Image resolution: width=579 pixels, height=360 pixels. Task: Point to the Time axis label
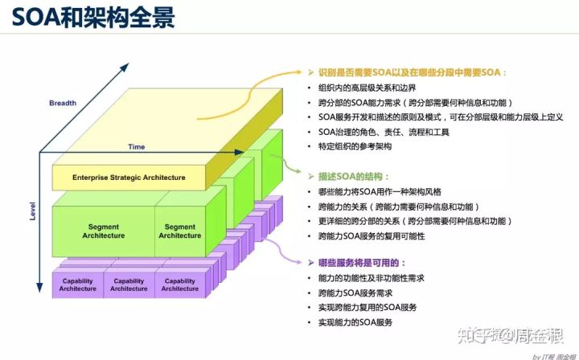137,147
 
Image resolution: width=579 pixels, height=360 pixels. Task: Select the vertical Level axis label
33,211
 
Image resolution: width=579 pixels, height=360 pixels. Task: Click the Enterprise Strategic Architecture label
129,178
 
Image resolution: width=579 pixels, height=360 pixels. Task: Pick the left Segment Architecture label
104,231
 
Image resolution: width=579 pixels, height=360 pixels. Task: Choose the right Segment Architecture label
180,231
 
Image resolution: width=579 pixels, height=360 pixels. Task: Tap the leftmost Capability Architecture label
78,284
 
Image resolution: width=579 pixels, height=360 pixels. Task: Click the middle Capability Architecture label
129,284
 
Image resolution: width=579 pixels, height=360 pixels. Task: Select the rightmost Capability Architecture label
180,284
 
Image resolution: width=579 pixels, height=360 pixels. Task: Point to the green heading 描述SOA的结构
354,176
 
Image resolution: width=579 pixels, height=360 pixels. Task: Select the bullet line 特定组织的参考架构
355,146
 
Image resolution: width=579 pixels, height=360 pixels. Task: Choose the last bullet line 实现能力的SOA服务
355,322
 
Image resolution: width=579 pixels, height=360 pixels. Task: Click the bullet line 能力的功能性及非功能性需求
372,278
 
